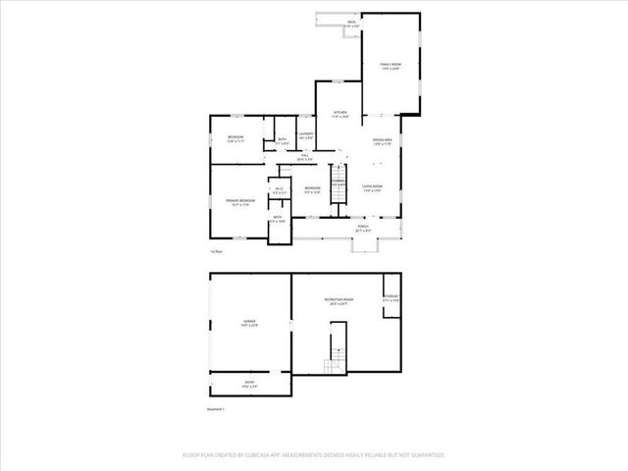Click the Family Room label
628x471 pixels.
coord(391,66)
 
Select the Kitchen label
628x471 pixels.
coord(340,114)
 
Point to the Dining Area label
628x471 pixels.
coord(382,142)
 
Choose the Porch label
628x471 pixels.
coord(362,228)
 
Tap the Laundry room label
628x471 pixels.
coord(306,135)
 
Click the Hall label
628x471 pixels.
coord(304,157)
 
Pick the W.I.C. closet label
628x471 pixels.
coord(279,190)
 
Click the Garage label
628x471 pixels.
coord(250,323)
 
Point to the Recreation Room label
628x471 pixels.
coord(340,301)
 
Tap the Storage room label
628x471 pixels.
coord(391,298)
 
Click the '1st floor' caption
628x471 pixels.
coord(215,252)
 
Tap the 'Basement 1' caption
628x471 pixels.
coord(217,409)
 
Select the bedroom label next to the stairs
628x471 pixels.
coord(312,188)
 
